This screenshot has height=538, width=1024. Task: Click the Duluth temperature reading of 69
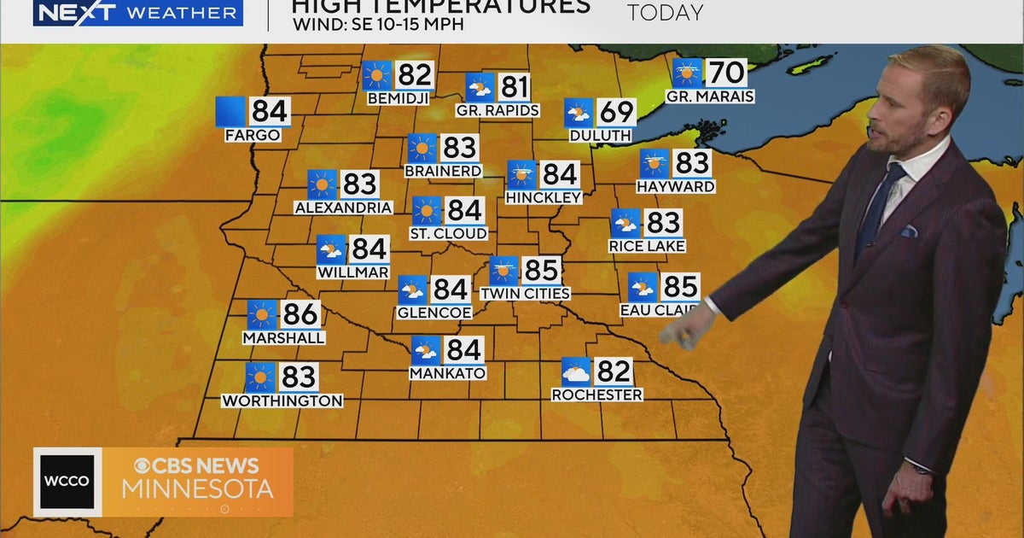pyautogui.click(x=616, y=113)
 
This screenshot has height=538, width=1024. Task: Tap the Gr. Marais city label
pyautogui.click(x=710, y=96)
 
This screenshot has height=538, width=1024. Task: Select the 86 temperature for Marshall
pyautogui.click(x=300, y=314)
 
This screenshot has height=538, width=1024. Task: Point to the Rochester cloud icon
pyautogui.click(x=576, y=372)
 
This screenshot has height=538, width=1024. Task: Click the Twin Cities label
pyautogui.click(x=525, y=294)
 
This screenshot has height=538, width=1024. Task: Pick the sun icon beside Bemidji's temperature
pyautogui.click(x=376, y=75)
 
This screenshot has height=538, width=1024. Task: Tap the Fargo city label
pyautogui.click(x=253, y=135)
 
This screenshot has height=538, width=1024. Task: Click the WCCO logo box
pyautogui.click(x=67, y=482)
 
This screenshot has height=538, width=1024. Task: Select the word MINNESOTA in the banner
pyautogui.click(x=198, y=489)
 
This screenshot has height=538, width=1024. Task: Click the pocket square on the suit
pyautogui.click(x=909, y=231)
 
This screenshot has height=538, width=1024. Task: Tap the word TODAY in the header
pyautogui.click(x=666, y=13)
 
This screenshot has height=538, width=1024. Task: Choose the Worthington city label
pyautogui.click(x=282, y=401)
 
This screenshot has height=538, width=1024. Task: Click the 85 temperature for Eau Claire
pyautogui.click(x=681, y=287)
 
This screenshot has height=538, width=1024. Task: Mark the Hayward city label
pyautogui.click(x=676, y=186)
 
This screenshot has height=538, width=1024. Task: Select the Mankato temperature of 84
pyautogui.click(x=464, y=350)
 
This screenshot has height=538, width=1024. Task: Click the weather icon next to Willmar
pyautogui.click(x=331, y=249)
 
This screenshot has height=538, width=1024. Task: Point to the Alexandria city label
pyautogui.click(x=343, y=208)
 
